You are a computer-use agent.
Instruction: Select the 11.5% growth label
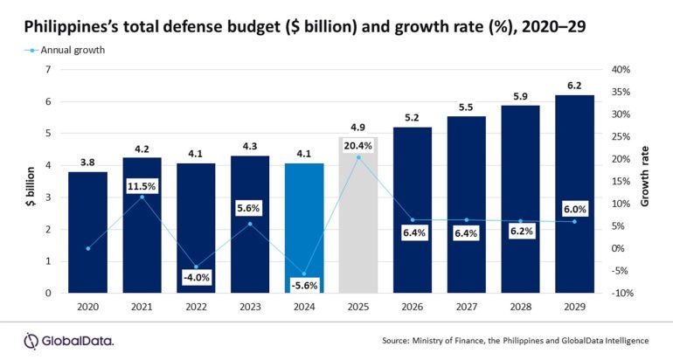(x=142, y=186)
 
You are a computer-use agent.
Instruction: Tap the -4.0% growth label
(x=197, y=277)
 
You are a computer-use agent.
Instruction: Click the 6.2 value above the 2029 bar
(x=575, y=86)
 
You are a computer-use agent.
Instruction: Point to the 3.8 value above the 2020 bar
(x=88, y=162)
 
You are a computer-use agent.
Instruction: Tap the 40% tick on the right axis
(x=617, y=70)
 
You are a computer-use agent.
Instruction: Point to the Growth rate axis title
(x=646, y=181)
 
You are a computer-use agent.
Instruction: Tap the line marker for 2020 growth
(x=88, y=248)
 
